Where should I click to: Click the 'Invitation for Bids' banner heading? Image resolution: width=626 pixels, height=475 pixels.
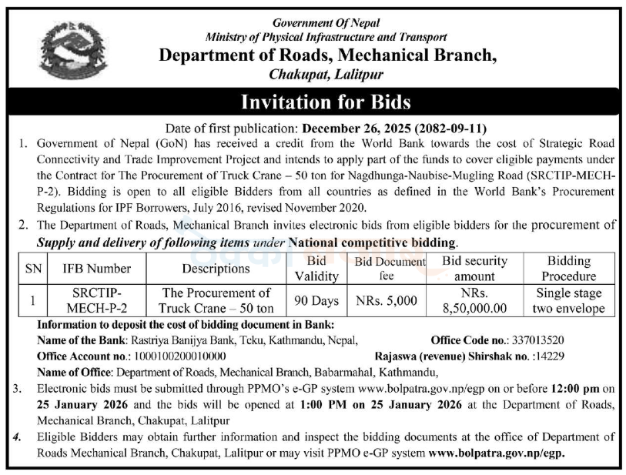tap(326, 102)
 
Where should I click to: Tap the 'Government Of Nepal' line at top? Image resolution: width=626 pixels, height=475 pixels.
tap(326, 23)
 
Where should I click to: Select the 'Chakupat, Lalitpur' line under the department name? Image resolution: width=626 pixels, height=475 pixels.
tap(326, 75)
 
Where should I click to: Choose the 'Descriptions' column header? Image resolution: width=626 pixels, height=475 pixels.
tap(216, 269)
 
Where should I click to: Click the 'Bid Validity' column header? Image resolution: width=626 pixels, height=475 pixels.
tap(316, 269)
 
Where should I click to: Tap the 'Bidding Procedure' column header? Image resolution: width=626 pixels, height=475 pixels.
tap(568, 269)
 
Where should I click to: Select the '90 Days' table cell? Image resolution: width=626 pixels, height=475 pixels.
tap(316, 300)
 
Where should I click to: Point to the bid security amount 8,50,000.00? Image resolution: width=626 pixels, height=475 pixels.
tap(474, 308)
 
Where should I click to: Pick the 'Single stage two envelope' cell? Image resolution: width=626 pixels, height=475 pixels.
tap(568, 300)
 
